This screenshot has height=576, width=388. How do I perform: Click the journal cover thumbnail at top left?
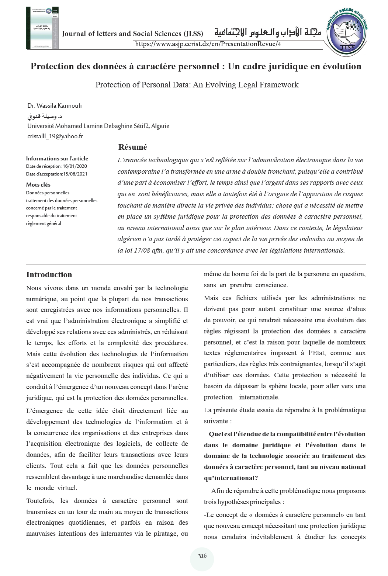coord(43,28)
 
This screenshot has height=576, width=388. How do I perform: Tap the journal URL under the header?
coord(208,44)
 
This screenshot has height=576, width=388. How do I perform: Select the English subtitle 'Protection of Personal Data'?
coord(197,85)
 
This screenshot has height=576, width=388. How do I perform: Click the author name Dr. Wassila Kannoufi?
coord(54,106)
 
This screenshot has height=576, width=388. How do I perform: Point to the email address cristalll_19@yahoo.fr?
coord(55,136)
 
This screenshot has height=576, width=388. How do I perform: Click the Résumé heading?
coord(132,147)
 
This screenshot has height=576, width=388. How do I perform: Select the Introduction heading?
coord(49,275)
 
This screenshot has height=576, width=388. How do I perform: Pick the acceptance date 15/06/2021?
coord(75,174)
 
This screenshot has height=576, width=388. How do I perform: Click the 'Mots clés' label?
coord(38,185)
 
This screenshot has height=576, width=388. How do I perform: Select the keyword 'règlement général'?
coord(44,223)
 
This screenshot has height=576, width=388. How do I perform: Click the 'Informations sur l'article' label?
coord(57,159)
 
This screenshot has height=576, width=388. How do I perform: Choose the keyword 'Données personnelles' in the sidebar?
coord(48,192)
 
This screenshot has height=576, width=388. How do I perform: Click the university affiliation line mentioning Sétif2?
coord(98,126)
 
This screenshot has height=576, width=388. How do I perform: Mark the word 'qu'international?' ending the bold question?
coord(231,478)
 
